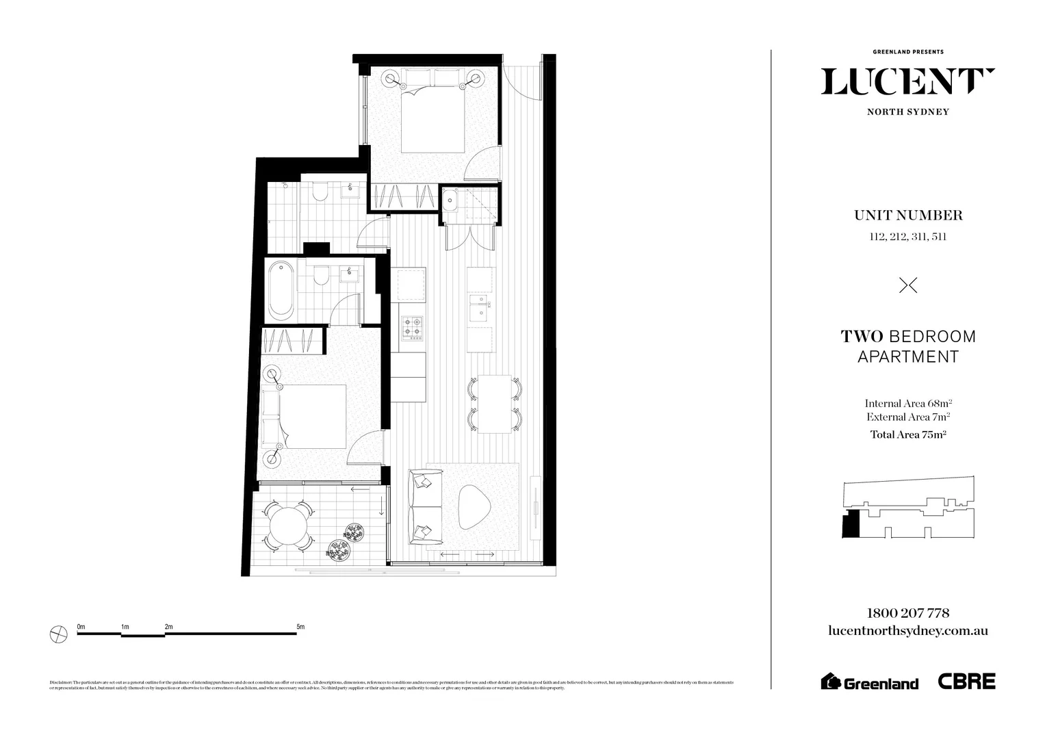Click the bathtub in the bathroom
click(281, 290)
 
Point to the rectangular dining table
click(495, 404)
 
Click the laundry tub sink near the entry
click(451, 201)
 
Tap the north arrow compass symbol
click(59, 634)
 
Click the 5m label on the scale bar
click(300, 627)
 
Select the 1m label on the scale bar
click(125, 627)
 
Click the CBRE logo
click(966, 681)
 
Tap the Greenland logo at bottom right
click(870, 682)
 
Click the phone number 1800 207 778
click(907, 613)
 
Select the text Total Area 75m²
click(907, 435)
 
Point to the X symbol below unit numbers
click(907, 285)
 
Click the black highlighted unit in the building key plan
click(851, 524)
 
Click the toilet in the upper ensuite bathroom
click(320, 193)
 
